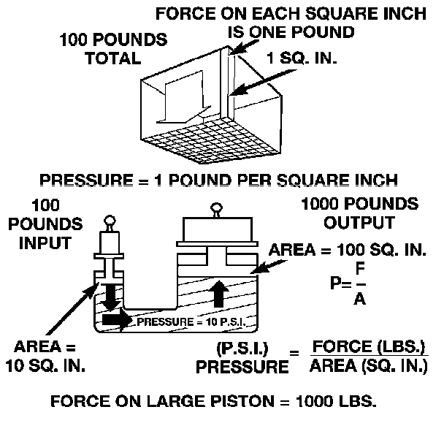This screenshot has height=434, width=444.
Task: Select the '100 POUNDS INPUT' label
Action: [51, 222]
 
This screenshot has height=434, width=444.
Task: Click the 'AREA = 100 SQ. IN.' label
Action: [348, 251]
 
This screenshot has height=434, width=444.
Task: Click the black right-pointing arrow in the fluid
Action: [115, 320]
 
